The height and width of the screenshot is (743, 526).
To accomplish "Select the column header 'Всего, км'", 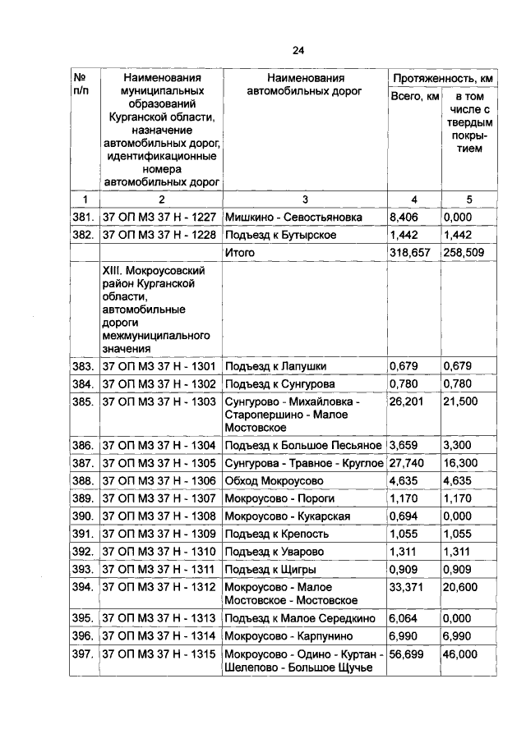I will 414,99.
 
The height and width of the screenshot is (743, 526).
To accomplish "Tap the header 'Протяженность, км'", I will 443,78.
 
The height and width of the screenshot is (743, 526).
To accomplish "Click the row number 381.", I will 83,217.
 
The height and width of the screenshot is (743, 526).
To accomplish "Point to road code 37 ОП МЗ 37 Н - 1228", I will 159,235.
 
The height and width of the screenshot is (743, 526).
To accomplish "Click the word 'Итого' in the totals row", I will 240,254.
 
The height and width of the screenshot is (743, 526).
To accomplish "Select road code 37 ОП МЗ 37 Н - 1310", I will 159,551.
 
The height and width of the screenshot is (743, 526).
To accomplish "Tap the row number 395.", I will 83,618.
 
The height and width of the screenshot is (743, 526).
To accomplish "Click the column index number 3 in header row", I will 304,199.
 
